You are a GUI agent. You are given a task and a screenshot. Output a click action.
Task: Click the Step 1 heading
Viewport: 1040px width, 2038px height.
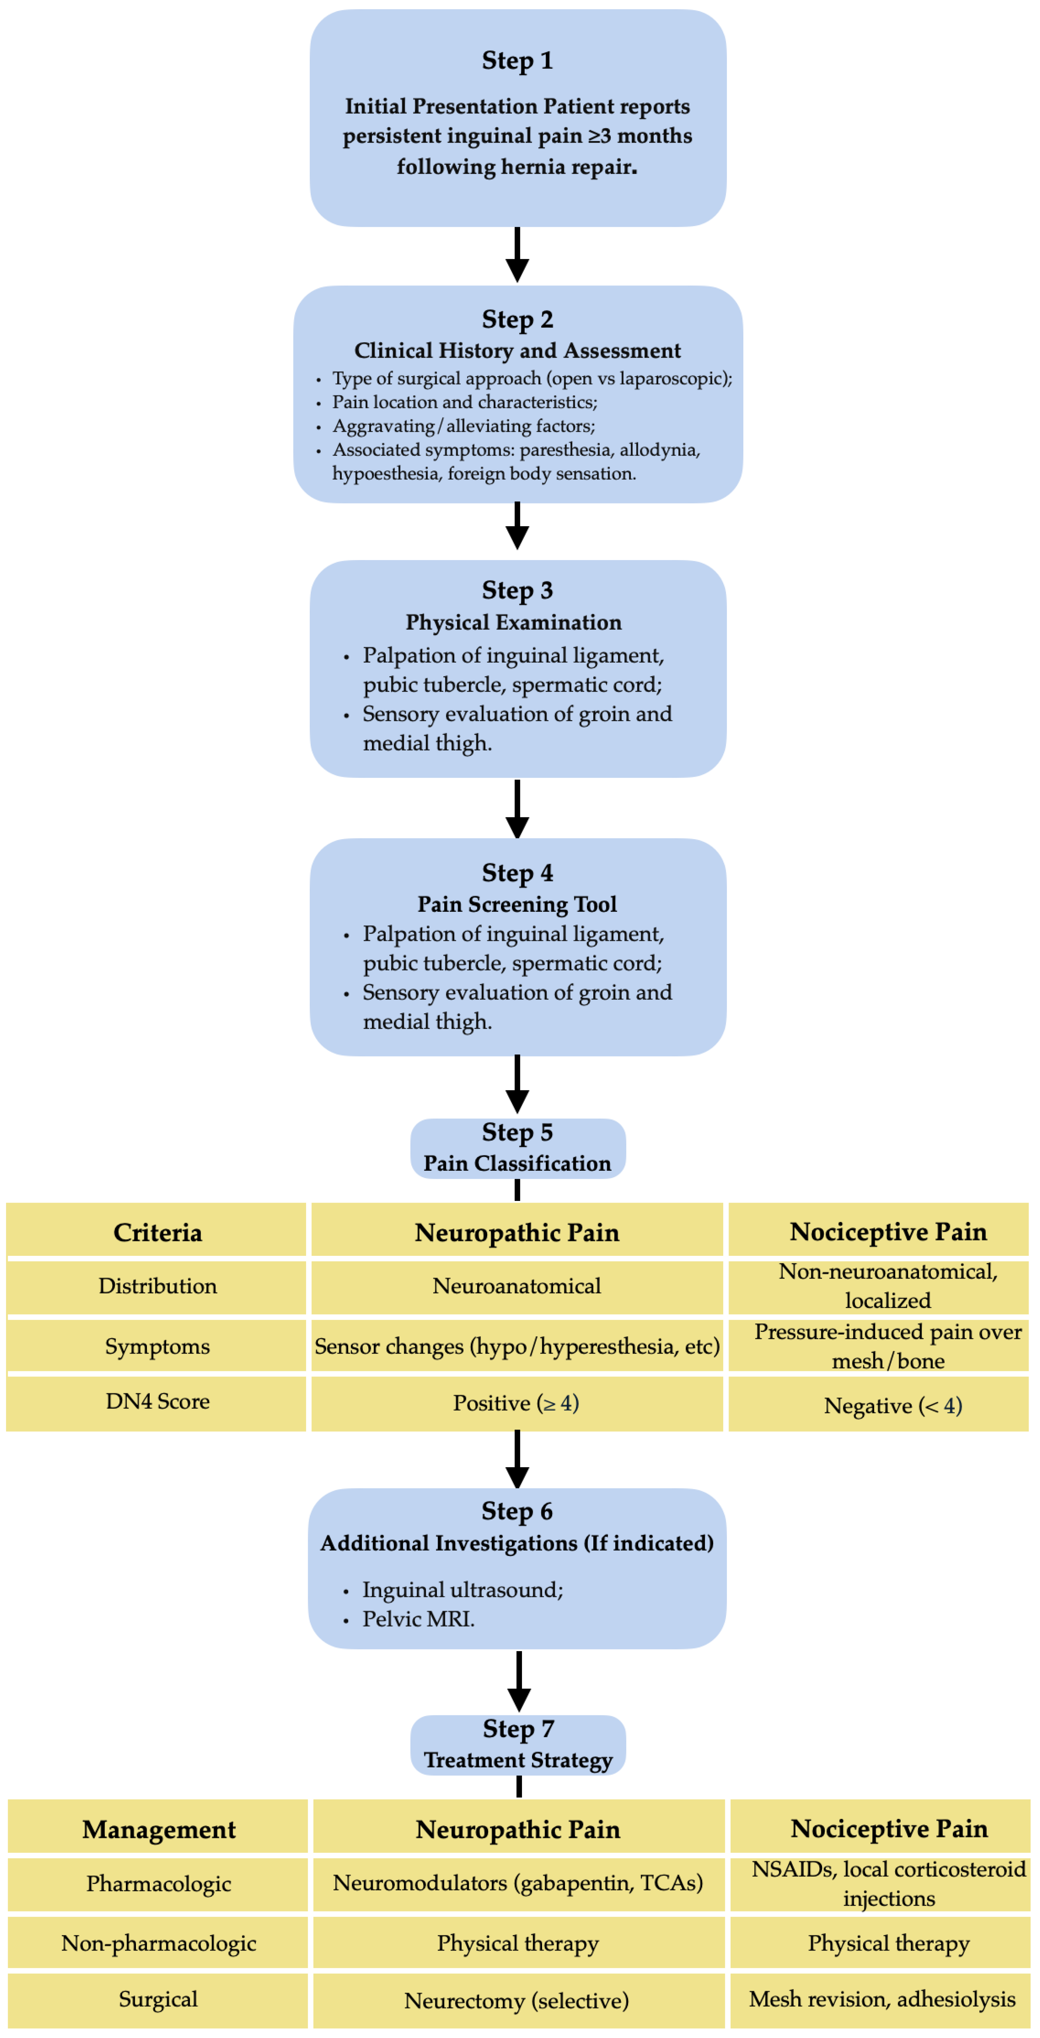pyautogui.click(x=517, y=61)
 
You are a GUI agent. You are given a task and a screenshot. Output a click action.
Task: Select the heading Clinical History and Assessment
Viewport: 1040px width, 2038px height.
pyautogui.click(x=517, y=350)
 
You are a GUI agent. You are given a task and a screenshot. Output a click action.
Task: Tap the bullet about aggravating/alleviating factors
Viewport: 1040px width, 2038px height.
pyautogui.click(x=463, y=426)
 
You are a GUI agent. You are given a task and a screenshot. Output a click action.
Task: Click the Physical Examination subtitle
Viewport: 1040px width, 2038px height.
pyautogui.click(x=514, y=623)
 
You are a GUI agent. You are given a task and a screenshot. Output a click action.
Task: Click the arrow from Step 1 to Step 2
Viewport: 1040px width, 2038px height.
pyautogui.click(x=517, y=255)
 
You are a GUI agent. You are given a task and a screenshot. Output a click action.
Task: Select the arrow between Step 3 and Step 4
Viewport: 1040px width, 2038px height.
pyautogui.click(x=517, y=809)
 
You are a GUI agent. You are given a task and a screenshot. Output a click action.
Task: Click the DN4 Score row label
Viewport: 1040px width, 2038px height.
pyautogui.click(x=157, y=1401)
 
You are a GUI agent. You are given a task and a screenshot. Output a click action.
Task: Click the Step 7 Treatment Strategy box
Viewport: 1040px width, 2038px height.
pyautogui.click(x=518, y=1745)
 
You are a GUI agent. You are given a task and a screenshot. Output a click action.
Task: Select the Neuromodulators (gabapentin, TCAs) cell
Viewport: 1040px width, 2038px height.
pyautogui.click(x=518, y=1883)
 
